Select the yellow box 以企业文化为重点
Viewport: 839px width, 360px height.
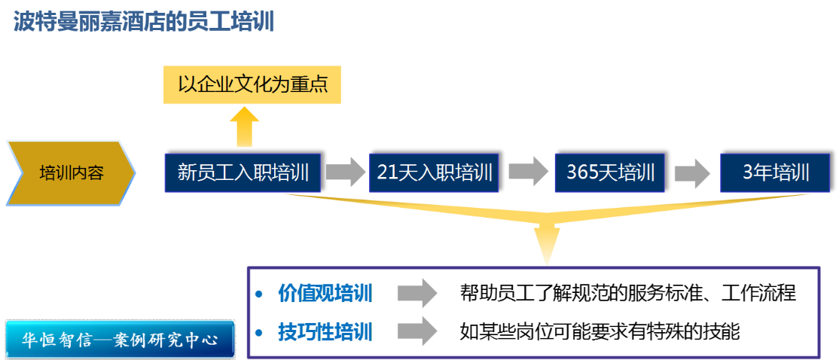click(x=252, y=84)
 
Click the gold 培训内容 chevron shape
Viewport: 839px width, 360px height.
click(x=71, y=172)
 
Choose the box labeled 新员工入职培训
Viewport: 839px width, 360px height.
click(x=243, y=172)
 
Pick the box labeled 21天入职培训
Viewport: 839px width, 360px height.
click(x=434, y=172)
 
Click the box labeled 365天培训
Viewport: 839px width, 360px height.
click(x=610, y=172)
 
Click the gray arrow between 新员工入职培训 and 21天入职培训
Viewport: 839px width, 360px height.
click(x=345, y=172)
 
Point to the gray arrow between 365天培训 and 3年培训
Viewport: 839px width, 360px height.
click(x=692, y=173)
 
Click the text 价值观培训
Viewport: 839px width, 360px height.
click(x=325, y=293)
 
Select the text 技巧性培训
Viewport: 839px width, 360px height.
click(x=325, y=331)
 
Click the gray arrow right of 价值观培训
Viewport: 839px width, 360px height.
click(x=416, y=293)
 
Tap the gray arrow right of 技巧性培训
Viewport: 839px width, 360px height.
click(x=416, y=331)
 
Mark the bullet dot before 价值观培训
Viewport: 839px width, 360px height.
click(x=259, y=294)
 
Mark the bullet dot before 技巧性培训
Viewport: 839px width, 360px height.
click(x=259, y=332)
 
